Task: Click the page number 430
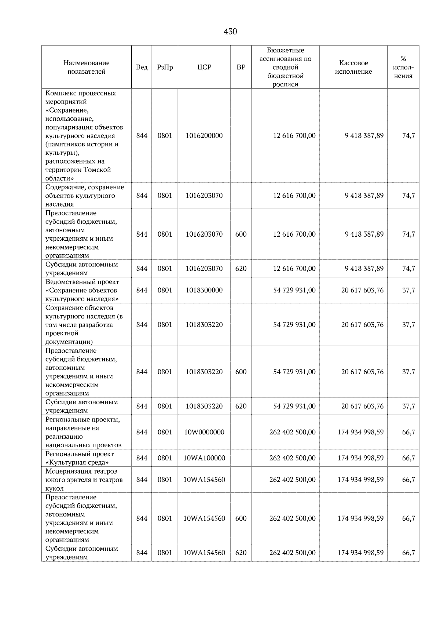(230, 32)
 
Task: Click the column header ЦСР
(204, 67)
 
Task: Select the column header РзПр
(165, 67)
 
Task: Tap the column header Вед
(142, 67)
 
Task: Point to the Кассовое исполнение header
(353, 67)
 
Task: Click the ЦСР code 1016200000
(204, 135)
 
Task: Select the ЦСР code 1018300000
(204, 290)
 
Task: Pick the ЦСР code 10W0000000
(204, 432)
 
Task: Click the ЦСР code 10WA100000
(204, 458)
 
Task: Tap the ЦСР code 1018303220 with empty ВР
(204, 325)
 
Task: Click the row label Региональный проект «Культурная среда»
(80, 458)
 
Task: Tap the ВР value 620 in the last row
(241, 553)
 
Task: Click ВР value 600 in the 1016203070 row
(241, 234)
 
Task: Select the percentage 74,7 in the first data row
(408, 135)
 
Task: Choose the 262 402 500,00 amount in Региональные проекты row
(292, 432)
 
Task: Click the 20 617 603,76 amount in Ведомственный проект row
(362, 290)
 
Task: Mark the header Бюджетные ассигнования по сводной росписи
(285, 67)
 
